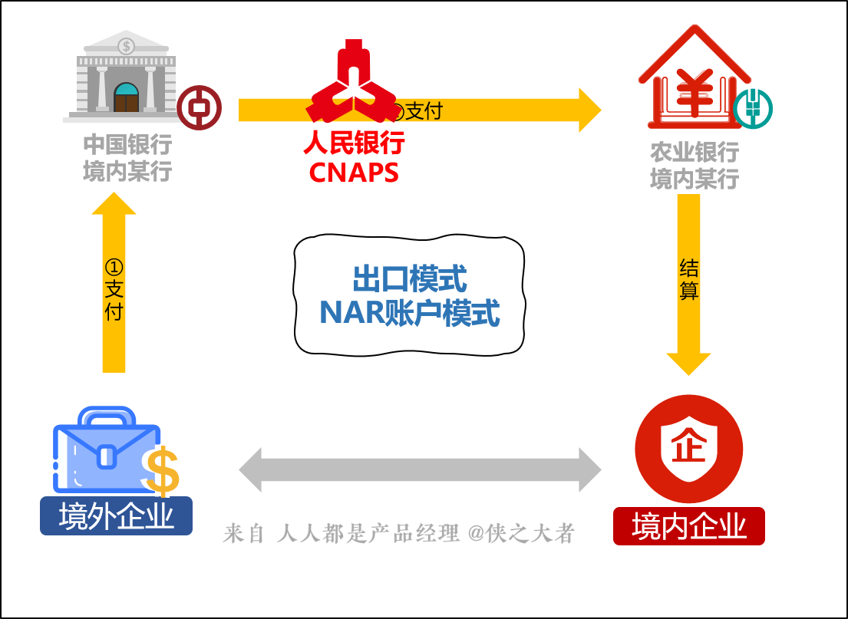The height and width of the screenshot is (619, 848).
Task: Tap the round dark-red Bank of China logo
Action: pos(199,107)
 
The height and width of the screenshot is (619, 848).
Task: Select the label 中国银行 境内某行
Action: pos(127,158)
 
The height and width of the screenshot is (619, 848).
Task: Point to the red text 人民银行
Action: pos(354,143)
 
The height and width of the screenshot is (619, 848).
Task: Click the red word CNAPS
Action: pos(354,173)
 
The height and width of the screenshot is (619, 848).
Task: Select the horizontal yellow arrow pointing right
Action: pos(491,110)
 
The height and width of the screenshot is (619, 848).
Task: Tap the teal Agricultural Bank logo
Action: pos(752,108)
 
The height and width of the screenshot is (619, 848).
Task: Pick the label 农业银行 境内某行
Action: pos(694,166)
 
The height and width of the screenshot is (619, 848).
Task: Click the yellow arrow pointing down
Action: pos(688,284)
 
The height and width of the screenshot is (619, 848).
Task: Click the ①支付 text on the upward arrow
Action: pos(114,289)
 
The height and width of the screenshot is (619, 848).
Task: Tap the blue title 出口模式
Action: pos(409,279)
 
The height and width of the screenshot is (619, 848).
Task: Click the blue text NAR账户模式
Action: pos(409,313)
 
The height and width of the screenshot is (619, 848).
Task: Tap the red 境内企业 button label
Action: pos(688,527)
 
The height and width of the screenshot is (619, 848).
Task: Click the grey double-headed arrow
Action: pos(420,469)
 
